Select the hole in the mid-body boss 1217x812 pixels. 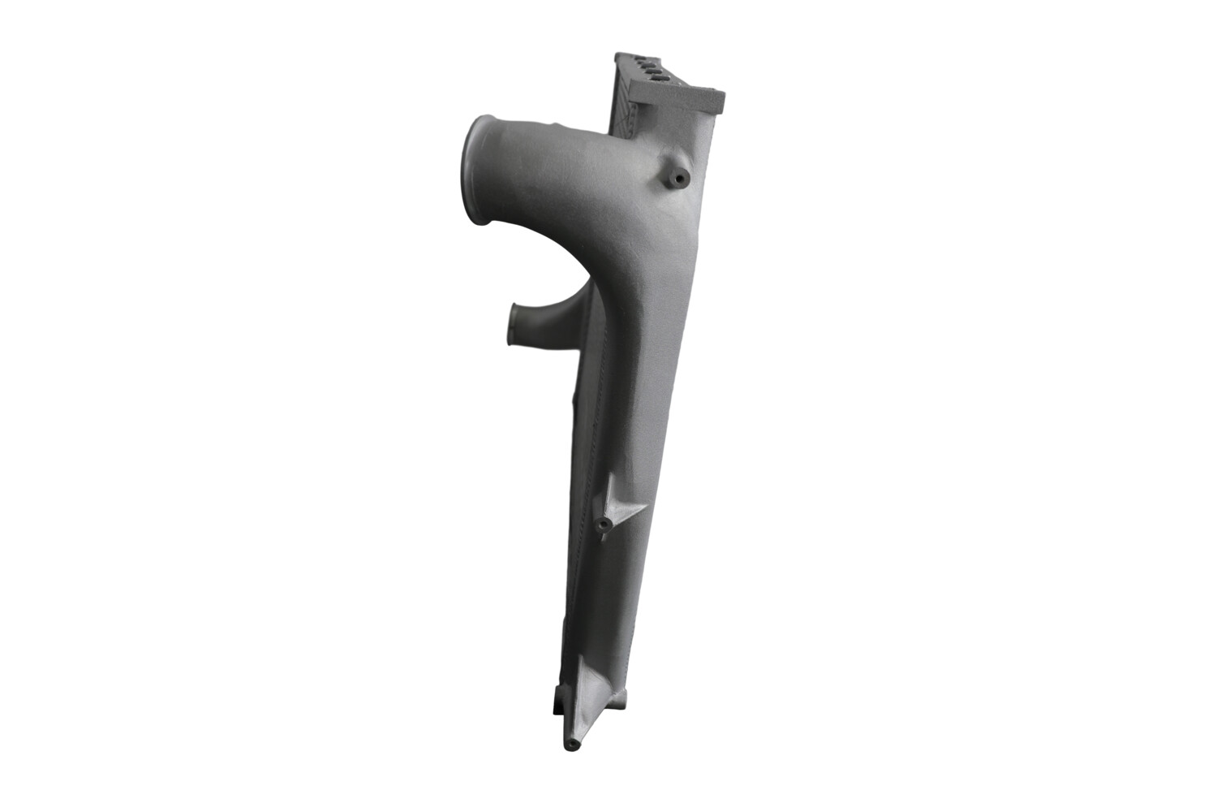[x=604, y=528]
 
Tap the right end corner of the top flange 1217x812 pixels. [x=720, y=96]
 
